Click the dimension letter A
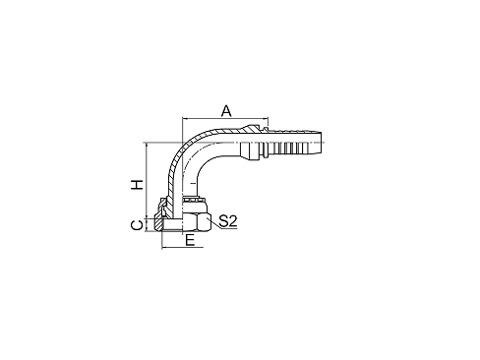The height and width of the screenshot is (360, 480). pos(226,111)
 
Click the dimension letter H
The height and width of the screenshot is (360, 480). pos(138,184)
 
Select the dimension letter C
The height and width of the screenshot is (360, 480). pos(137,225)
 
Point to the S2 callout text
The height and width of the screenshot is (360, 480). pos(228,221)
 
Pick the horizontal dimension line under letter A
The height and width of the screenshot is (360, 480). pos(224,120)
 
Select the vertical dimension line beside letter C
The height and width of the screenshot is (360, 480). pos(147,224)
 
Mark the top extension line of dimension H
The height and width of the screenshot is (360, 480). pos(162,143)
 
